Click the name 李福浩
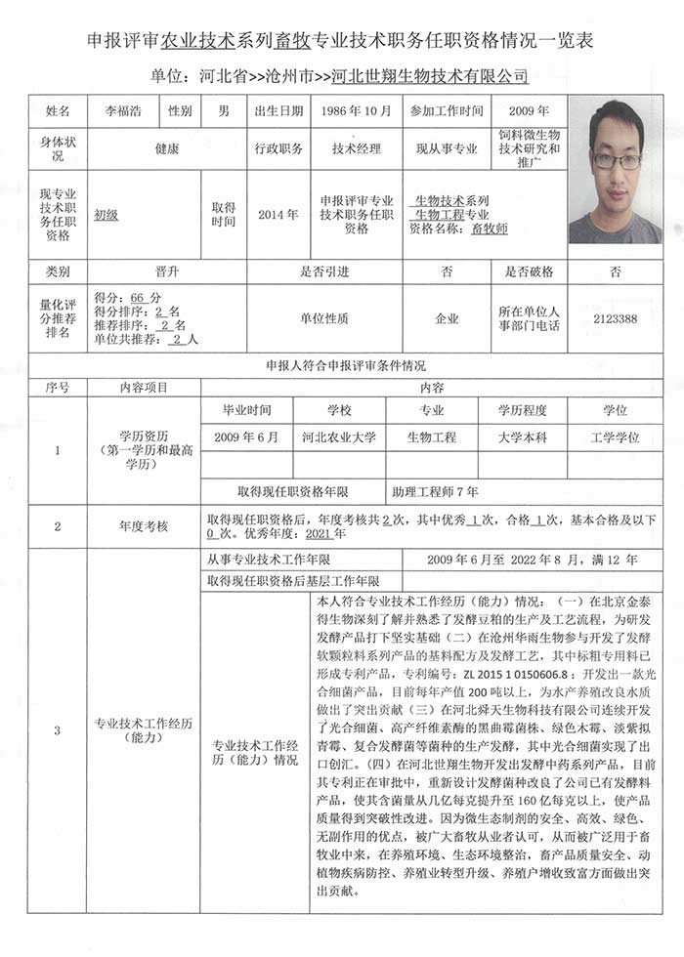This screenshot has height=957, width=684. coord(122,111)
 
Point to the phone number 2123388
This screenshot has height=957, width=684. coord(615,318)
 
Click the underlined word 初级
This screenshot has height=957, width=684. coord(106,215)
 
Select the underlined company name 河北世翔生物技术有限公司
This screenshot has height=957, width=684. coord(430,75)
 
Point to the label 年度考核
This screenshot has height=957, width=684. coord(144,526)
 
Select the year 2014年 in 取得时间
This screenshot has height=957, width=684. coord(278,215)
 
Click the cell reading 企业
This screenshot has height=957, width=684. coord(448,318)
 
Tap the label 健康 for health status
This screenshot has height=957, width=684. coord(166,149)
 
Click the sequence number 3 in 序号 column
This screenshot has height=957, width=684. coord(57,729)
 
